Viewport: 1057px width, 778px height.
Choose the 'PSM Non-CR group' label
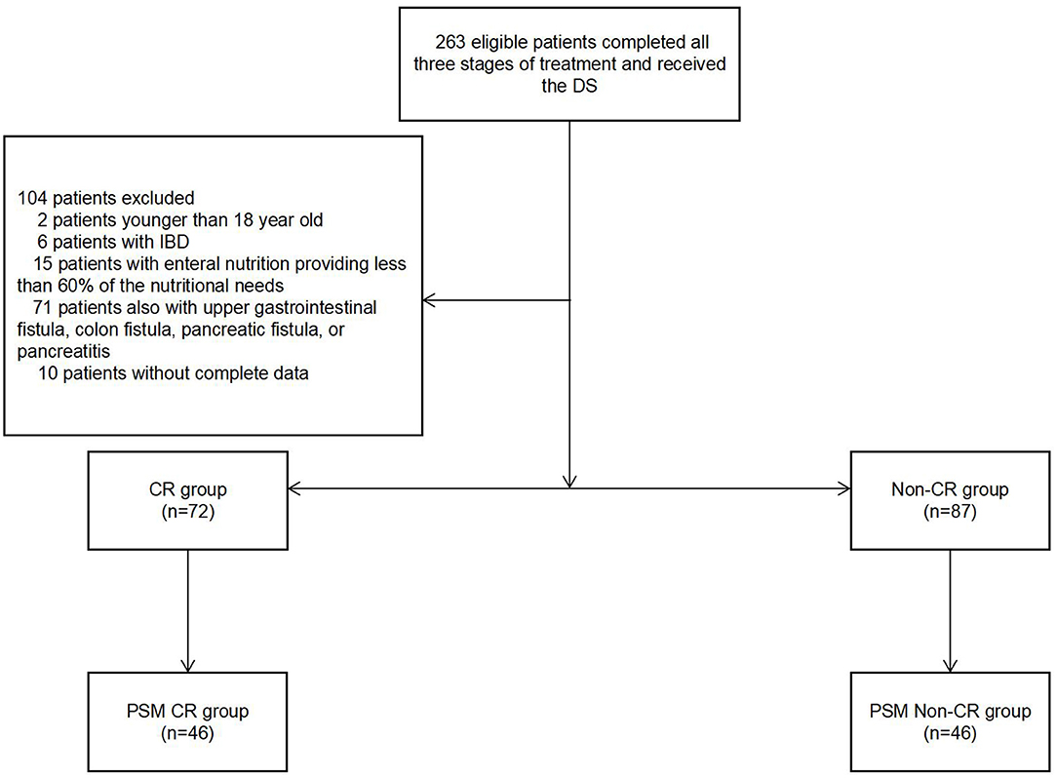point(950,710)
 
